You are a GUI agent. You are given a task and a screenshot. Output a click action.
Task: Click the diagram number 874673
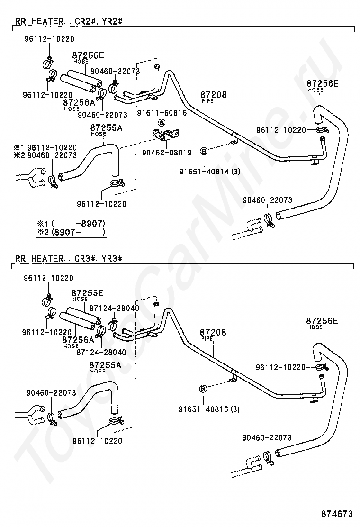(x=337, y=514)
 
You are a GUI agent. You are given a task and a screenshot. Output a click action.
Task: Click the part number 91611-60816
(x=162, y=113)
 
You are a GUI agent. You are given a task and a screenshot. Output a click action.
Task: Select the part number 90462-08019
(x=167, y=153)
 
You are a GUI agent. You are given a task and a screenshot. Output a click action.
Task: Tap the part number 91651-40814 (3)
(x=210, y=172)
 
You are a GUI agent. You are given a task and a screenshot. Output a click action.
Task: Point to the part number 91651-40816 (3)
(x=209, y=409)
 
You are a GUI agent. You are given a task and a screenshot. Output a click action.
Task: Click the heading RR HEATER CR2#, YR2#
(x=69, y=21)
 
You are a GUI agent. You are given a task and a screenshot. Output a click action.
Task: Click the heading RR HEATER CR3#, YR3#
(x=69, y=258)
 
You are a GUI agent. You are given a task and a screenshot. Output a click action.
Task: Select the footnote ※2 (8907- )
(x=71, y=232)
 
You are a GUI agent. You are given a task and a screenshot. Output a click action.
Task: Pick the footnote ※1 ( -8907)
(x=71, y=224)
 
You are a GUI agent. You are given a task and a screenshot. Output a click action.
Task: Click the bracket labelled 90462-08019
(x=165, y=134)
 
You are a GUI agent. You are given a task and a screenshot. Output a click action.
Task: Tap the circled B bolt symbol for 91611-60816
(x=162, y=122)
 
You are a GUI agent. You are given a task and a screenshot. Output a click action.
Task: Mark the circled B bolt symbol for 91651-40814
(x=204, y=151)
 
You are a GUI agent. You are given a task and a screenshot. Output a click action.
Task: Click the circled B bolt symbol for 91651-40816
(x=203, y=389)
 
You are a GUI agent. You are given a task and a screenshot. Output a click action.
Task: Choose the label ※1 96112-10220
(x=45, y=147)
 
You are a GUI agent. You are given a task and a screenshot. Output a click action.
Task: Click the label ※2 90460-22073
(x=45, y=155)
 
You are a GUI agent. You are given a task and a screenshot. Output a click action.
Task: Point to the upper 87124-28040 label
(x=114, y=308)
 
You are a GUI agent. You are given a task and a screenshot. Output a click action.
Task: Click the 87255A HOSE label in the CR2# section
(x=106, y=130)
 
